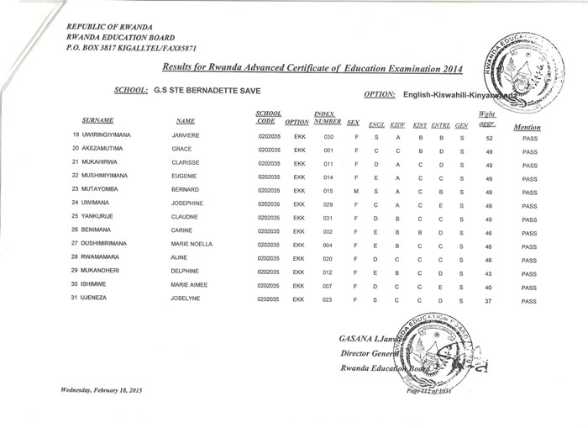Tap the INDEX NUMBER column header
[x=325, y=117]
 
